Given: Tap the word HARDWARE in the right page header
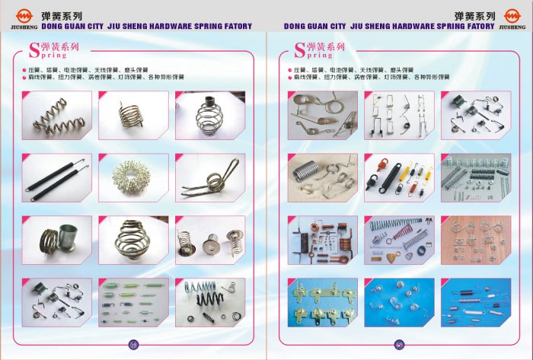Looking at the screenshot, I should click(417, 25).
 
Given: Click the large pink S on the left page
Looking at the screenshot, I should click(34, 50).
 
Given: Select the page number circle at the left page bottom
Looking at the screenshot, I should click(134, 343).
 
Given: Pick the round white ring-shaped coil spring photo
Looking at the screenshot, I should click(132, 177).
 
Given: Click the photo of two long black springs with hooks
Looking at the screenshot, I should click(57, 177).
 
